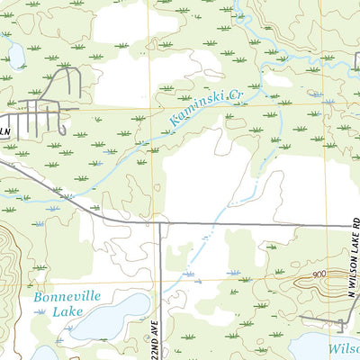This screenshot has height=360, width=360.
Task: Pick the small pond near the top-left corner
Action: click(15, 56)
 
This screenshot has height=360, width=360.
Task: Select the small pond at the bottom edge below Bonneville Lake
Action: click(45, 354)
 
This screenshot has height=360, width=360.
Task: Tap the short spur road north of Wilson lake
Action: click(340, 319)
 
